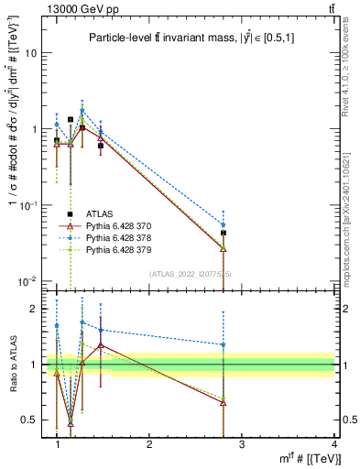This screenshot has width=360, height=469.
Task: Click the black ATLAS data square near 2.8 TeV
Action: point(224,234)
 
